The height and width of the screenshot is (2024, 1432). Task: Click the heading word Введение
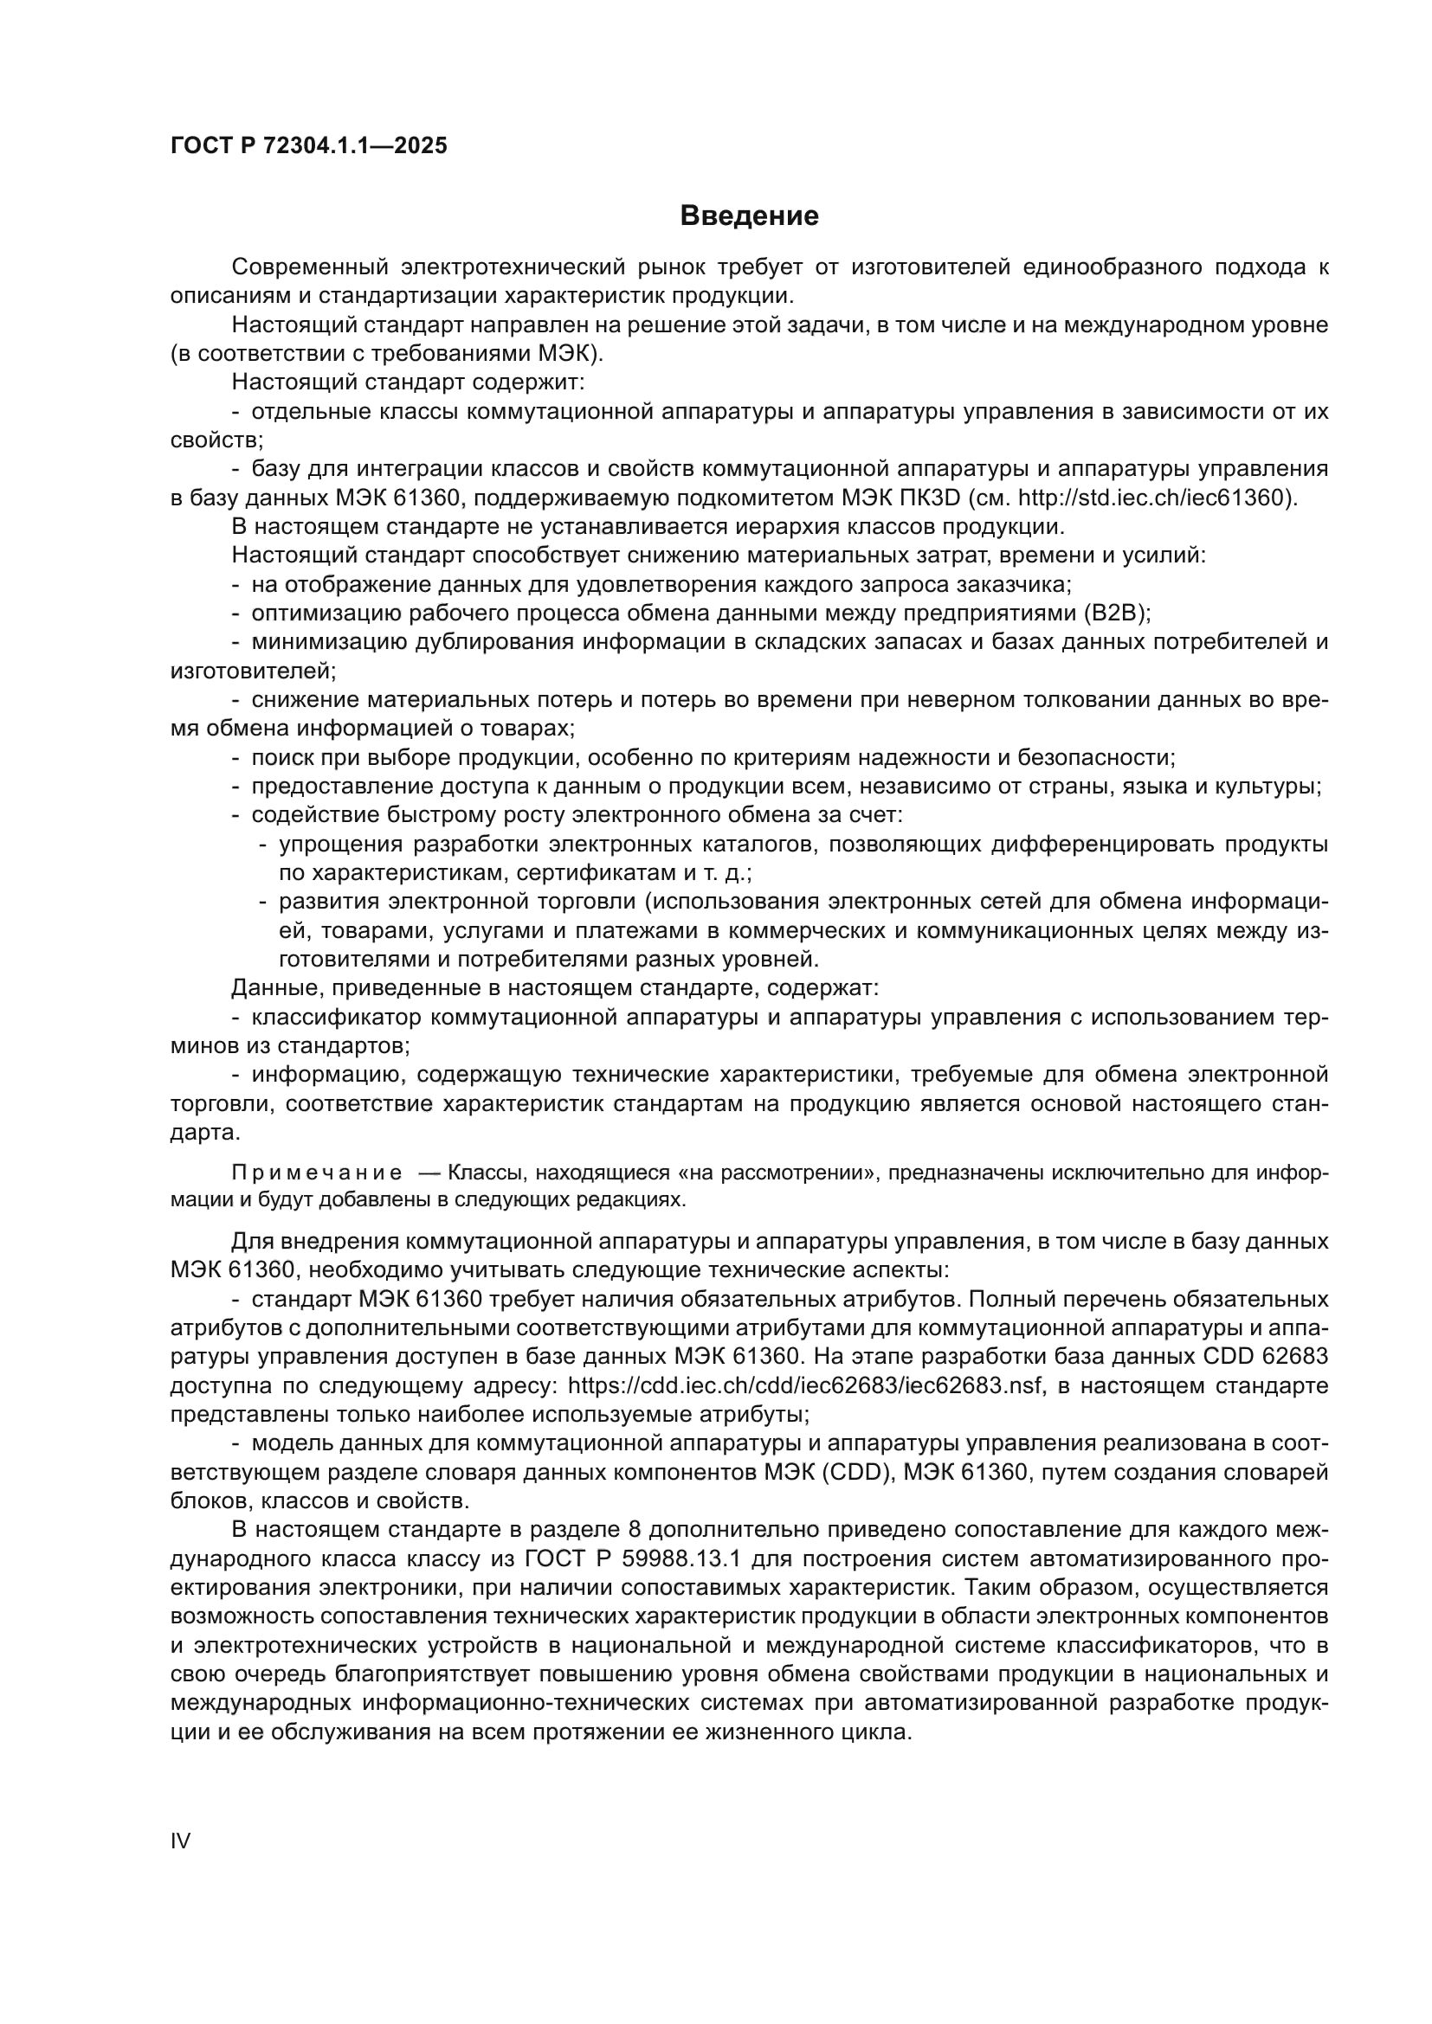click(x=749, y=216)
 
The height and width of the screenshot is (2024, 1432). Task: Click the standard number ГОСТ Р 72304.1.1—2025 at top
click(x=308, y=145)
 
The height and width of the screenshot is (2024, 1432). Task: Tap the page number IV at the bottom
click(x=180, y=1841)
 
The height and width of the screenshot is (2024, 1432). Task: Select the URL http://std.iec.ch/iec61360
click(x=1155, y=498)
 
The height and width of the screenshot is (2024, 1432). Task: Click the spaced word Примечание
click(x=317, y=1173)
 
